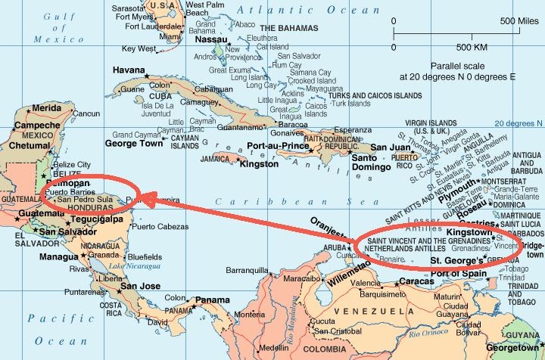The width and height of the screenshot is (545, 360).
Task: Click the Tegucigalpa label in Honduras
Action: (x=95, y=219)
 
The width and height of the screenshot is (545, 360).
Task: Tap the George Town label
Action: (x=133, y=143)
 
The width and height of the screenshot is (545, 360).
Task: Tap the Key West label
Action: (x=139, y=49)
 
